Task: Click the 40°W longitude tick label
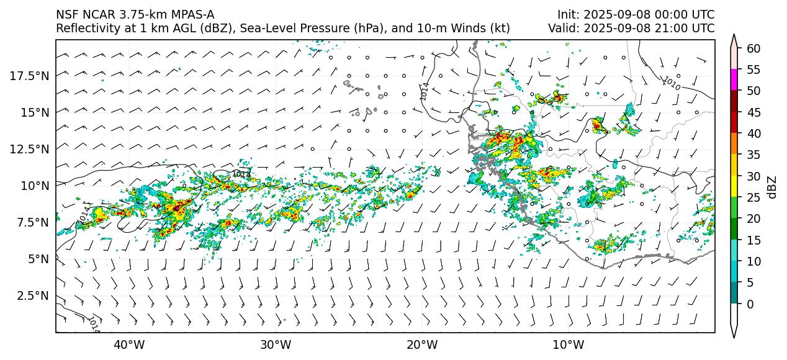[129, 344]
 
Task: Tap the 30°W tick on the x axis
[276, 344]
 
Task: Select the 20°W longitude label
[422, 344]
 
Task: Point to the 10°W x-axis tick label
[568, 344]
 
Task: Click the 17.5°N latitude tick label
[29, 76]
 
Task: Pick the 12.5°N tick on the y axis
[29, 149]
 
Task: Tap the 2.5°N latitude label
[31, 295]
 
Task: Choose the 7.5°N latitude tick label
[31, 222]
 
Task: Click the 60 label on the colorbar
[754, 48]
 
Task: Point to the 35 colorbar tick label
[754, 155]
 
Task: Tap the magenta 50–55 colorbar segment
[734, 80]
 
